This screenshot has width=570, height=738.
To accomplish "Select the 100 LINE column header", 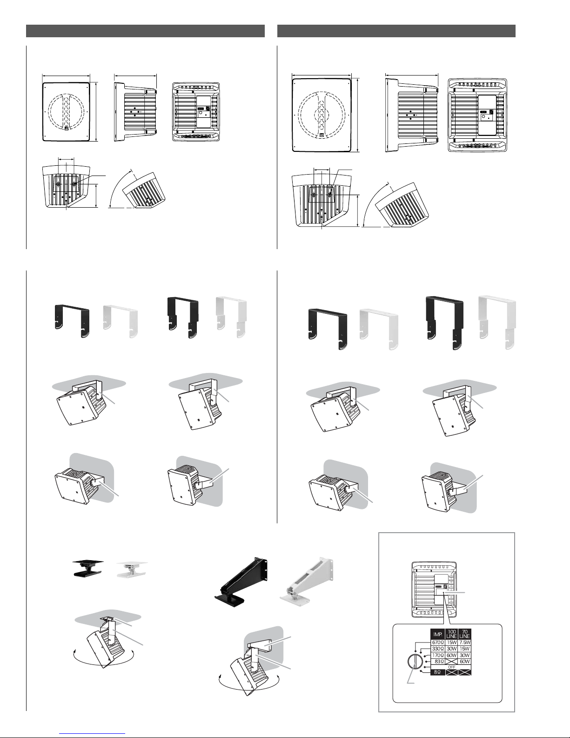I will pyautogui.click(x=455, y=634).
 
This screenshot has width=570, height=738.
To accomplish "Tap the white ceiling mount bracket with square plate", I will pyautogui.click(x=132, y=569).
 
